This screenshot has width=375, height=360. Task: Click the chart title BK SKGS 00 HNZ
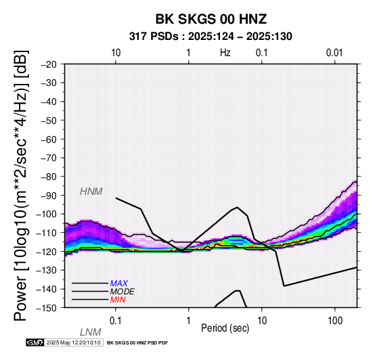click(211, 19)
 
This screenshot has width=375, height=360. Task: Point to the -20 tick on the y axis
click(49, 64)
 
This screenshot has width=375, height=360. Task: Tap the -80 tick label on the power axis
click(49, 177)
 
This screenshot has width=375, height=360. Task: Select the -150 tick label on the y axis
click(47, 308)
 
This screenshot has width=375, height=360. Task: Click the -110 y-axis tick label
click(47, 233)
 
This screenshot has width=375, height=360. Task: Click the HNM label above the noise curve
click(91, 192)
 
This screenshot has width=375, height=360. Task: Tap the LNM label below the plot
click(91, 332)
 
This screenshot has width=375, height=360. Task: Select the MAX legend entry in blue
click(119, 284)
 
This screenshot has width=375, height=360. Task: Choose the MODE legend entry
click(123, 292)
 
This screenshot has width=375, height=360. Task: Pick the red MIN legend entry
click(118, 300)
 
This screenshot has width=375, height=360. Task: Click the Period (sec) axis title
click(225, 328)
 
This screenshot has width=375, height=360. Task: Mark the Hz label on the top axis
click(225, 53)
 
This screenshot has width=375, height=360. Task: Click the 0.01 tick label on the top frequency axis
click(334, 53)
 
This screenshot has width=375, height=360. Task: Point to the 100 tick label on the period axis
click(335, 321)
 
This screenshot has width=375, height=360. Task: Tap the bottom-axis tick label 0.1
click(115, 321)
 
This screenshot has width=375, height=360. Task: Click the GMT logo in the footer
click(35, 342)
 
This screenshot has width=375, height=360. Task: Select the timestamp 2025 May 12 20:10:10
click(74, 342)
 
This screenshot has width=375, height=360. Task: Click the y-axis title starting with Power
click(21, 185)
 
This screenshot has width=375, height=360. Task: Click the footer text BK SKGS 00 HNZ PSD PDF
click(137, 343)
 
